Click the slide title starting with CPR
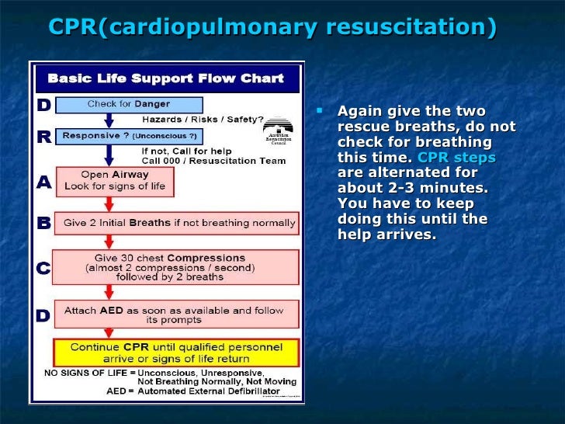pyautogui.click(x=272, y=26)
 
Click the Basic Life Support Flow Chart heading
pyautogui.click(x=166, y=78)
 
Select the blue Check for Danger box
pyautogui.click(x=130, y=105)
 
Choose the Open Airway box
pyautogui.click(x=114, y=181)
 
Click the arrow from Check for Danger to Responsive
pyautogui.click(x=109, y=120)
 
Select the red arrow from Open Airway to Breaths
pyautogui.click(x=109, y=203)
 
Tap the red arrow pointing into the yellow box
pyautogui.click(x=109, y=334)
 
